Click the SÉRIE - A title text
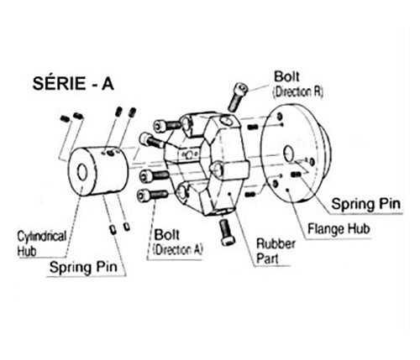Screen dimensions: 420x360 (73, 83)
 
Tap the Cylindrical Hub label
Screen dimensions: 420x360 (42, 243)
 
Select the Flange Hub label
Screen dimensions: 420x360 (339, 229)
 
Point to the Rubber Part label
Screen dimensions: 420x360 (276, 251)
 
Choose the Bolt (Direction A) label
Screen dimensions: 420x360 (178, 242)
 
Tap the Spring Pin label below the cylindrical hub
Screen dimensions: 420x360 (83, 267)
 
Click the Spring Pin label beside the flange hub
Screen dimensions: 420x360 (366, 204)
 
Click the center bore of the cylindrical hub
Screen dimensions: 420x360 (82, 172)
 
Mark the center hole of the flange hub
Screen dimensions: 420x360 (288, 154)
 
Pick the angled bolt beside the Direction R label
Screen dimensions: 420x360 (238, 97)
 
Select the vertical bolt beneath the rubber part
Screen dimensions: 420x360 (227, 232)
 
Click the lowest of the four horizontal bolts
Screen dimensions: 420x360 (152, 195)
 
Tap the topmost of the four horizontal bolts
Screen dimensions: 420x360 (168, 126)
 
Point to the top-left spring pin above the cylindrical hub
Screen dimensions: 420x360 (65, 119)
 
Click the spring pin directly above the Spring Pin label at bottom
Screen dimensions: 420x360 (113, 229)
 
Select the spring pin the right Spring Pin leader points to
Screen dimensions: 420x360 (297, 175)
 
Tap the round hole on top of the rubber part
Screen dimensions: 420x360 (226, 121)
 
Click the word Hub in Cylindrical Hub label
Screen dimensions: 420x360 (27, 251)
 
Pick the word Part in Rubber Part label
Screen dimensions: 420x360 (267, 258)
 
